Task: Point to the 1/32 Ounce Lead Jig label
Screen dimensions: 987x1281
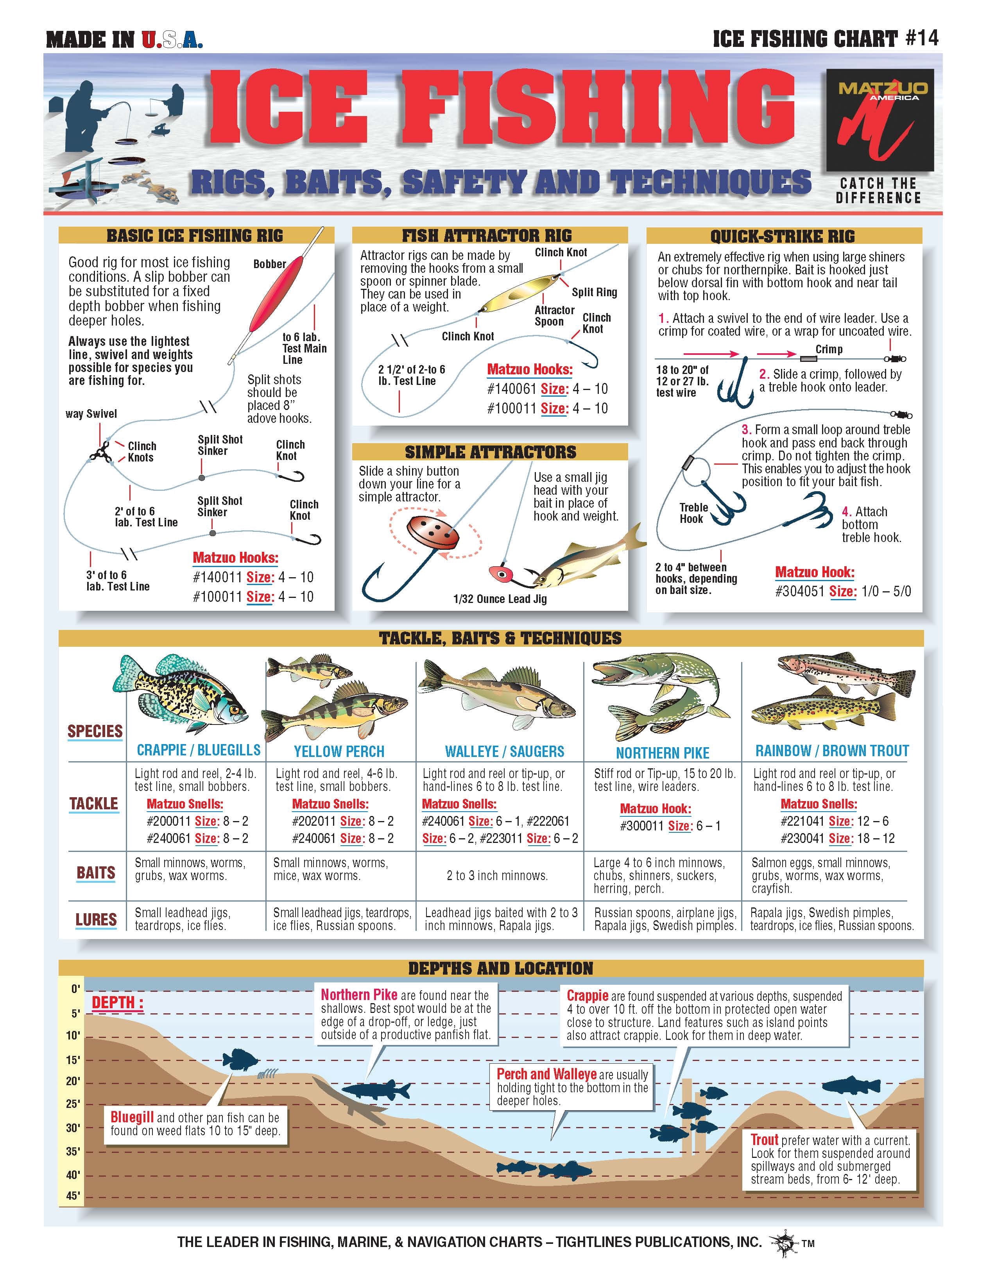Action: (x=500, y=599)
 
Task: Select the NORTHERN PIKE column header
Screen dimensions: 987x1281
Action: (x=663, y=753)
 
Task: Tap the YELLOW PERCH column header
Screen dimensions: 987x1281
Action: (x=339, y=751)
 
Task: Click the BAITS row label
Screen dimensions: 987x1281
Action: (x=96, y=873)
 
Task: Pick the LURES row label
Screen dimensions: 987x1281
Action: (x=96, y=919)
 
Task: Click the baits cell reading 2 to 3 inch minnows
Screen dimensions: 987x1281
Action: (x=497, y=876)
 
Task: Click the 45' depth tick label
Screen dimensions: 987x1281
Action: (x=72, y=1195)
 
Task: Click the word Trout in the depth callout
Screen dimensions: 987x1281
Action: (x=765, y=1140)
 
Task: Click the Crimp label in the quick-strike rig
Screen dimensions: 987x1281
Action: (x=829, y=349)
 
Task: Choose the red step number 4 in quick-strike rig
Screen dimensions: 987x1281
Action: (x=847, y=512)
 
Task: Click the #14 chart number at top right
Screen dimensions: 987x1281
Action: (x=922, y=38)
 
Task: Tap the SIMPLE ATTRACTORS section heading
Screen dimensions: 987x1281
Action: (x=491, y=452)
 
